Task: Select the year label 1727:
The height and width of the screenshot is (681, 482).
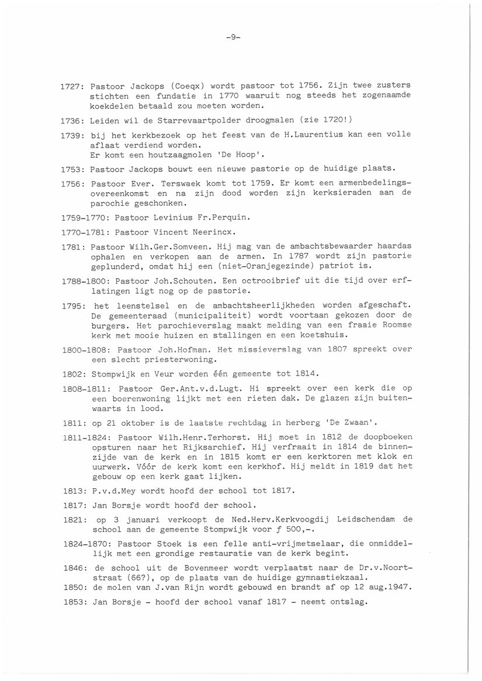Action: click(x=73, y=85)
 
